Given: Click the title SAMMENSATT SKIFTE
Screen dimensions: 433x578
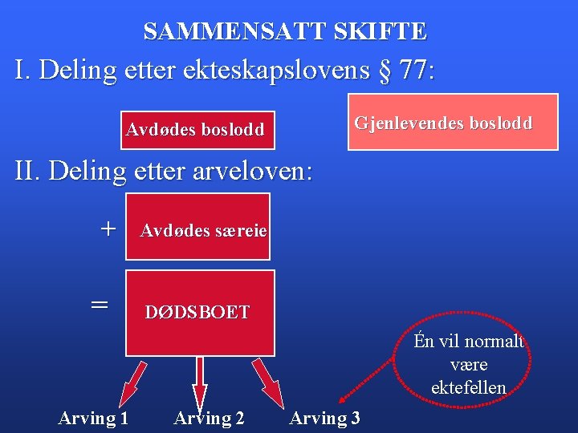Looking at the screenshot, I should (285, 31).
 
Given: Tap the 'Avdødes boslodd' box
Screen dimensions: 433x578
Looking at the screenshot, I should (195, 130).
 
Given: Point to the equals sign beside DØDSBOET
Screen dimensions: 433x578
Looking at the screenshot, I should (99, 304).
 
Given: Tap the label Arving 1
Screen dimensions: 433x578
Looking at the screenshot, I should (93, 417).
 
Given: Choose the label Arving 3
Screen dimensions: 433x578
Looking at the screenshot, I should (324, 417).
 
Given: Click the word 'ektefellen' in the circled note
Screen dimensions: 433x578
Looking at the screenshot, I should (468, 388).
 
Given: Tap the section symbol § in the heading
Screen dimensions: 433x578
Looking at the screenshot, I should (386, 70).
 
